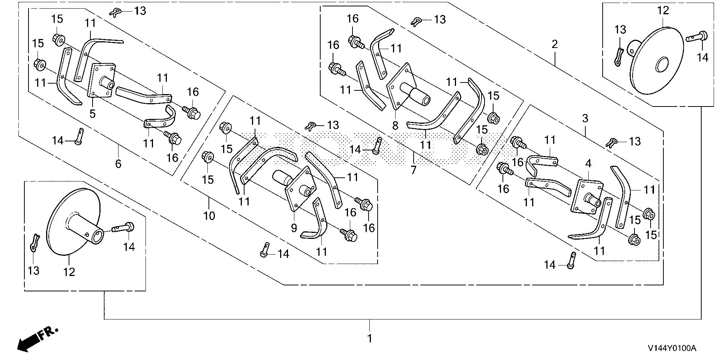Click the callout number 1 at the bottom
(x=370, y=338)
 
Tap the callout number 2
(x=555, y=45)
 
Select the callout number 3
(x=585, y=119)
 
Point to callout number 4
(x=588, y=164)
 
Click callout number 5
(x=93, y=113)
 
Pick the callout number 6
(x=118, y=163)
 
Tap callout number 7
(x=413, y=170)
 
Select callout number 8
(x=395, y=125)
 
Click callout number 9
(x=294, y=228)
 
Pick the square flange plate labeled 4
(x=587, y=197)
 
